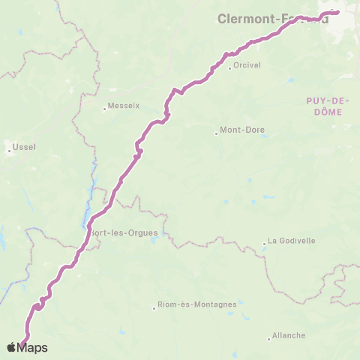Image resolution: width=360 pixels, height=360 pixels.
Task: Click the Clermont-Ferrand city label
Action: click(x=272, y=18)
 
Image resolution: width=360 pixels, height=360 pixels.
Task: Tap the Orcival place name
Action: click(x=244, y=64)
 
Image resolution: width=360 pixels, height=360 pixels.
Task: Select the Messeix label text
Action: click(x=122, y=106)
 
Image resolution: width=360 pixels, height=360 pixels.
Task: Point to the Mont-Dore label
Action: click(x=241, y=130)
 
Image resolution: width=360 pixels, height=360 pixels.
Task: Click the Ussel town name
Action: click(x=25, y=147)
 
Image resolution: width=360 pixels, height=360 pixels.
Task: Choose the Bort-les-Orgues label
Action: click(x=124, y=232)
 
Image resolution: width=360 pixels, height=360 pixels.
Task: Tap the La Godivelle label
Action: click(x=292, y=241)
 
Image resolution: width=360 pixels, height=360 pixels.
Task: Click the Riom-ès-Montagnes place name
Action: click(x=197, y=304)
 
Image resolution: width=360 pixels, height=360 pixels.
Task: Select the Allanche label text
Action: click(x=289, y=335)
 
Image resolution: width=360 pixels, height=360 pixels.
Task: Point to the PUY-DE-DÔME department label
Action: click(x=324, y=105)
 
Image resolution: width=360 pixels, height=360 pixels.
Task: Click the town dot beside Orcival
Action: click(x=229, y=69)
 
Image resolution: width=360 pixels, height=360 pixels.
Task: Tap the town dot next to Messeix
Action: click(x=105, y=108)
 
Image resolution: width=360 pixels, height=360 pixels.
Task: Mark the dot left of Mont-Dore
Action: click(x=217, y=134)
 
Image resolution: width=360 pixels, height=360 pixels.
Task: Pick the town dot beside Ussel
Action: click(x=10, y=151)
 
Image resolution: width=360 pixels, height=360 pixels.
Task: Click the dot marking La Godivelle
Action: click(x=265, y=242)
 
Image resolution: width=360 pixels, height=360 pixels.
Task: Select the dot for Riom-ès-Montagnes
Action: click(x=154, y=307)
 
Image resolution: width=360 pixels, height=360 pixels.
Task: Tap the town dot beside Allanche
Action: click(x=268, y=337)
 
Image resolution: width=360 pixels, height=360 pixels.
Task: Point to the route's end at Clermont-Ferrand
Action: click(x=337, y=11)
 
